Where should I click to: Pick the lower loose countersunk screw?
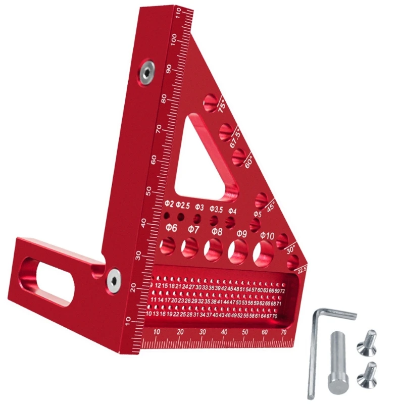(x=367, y=374)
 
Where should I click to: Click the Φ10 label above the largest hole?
(x=267, y=236)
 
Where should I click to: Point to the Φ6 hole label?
(x=171, y=228)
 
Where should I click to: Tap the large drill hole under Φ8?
(x=213, y=249)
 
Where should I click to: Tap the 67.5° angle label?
(x=236, y=137)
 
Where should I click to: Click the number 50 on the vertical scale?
(x=148, y=191)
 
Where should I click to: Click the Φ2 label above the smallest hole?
(x=169, y=205)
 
